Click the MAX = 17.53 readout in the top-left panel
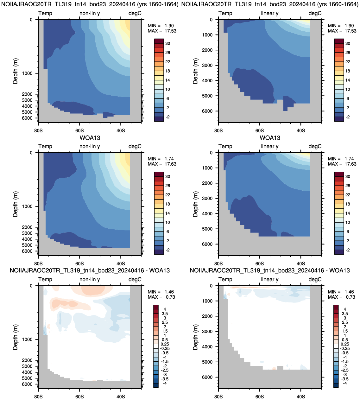(x=162, y=31)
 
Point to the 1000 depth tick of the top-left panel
(x=27, y=73)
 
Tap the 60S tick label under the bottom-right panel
(x=260, y=397)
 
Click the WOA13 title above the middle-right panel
(x=270, y=138)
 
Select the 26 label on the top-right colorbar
(x=348, y=53)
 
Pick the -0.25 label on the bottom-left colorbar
(x=165, y=348)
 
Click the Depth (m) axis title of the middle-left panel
(x=16, y=204)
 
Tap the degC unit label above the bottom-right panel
(x=315, y=279)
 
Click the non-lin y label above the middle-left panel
(x=90, y=146)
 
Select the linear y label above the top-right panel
(x=270, y=13)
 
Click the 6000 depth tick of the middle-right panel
(x=207, y=244)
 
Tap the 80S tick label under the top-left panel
(x=38, y=130)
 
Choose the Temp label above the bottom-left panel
(x=45, y=279)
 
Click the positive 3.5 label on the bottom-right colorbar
(x=345, y=314)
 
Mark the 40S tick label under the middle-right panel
(x=301, y=263)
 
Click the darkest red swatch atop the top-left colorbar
(x=159, y=41)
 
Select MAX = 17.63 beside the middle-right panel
(x=342, y=164)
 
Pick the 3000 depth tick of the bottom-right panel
(x=207, y=331)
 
